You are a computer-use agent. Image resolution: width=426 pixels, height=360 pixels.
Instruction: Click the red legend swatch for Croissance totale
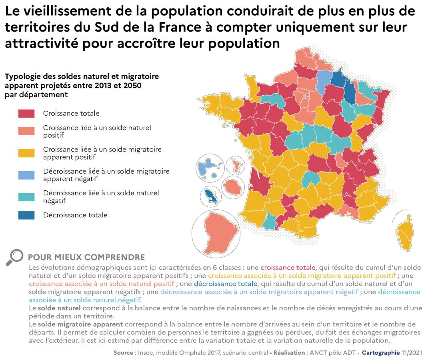pos(26,113)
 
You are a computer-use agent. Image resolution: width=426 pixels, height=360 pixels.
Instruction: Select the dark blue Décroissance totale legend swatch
pos(26,215)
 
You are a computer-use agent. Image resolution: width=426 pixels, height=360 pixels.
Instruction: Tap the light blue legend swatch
pos(26,175)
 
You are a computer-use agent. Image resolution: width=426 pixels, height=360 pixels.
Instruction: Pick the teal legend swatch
pos(26,196)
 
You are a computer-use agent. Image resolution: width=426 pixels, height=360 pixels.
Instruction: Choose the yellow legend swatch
pos(26,153)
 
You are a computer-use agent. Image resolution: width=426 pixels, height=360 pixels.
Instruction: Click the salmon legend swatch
pos(26,131)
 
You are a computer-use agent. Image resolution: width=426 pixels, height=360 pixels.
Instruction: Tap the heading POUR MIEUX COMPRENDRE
pos(86,257)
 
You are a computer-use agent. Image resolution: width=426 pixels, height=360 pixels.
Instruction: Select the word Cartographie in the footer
pos(380,353)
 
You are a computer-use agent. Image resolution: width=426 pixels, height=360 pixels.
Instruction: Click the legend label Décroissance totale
pos(75,215)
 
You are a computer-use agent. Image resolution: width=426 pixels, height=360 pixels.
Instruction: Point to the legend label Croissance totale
pos(71,113)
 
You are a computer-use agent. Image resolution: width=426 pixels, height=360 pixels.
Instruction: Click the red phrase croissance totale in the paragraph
pos(288,267)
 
